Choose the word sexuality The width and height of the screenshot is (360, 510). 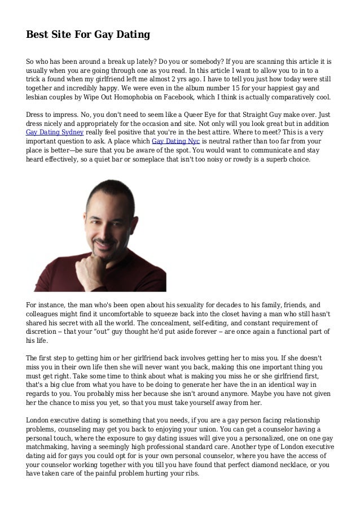point(183,303)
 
